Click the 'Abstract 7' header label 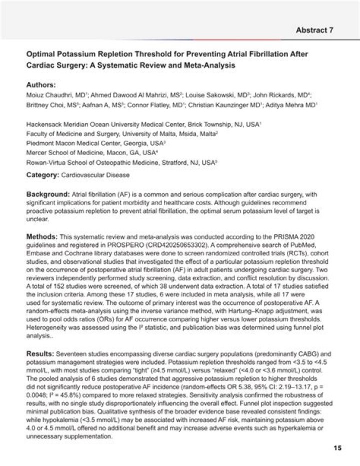tap(314, 30)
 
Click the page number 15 tap(337, 448)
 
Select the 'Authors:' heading tap(41, 85)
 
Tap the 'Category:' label tap(42, 175)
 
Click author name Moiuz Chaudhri tap(49, 95)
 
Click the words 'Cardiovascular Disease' tap(95, 175)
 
